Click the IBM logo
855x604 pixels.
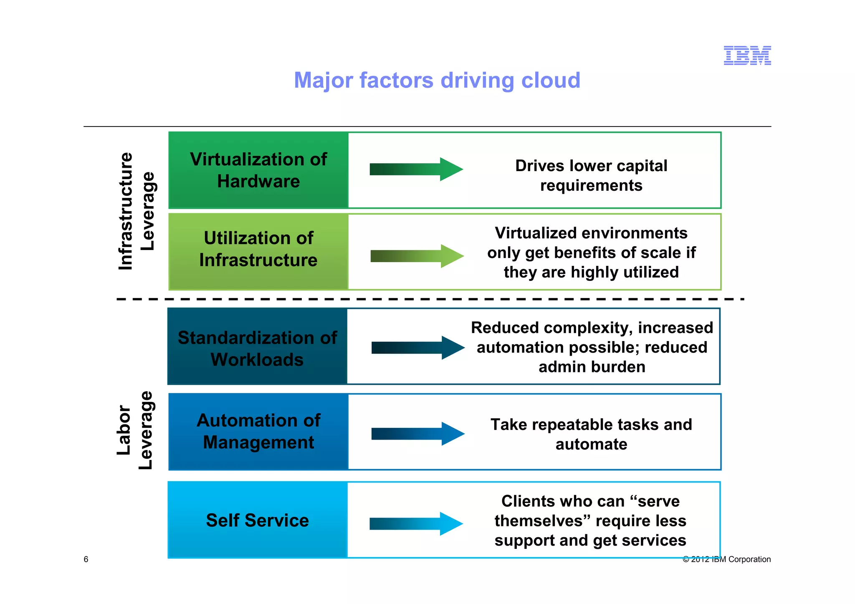pyautogui.click(x=747, y=56)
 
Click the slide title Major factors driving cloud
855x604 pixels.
pyautogui.click(x=437, y=80)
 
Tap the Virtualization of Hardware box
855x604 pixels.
pyautogui.click(x=258, y=170)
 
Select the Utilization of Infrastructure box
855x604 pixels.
pyautogui.click(x=258, y=252)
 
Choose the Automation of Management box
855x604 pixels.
pyautogui.click(x=258, y=432)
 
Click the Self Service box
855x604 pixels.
pyautogui.click(x=258, y=520)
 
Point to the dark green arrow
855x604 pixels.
pyautogui.click(x=416, y=169)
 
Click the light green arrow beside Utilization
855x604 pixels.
pyautogui.click(x=417, y=256)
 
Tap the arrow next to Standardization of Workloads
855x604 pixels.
pyautogui.click(x=417, y=348)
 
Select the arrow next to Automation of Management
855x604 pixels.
pyautogui.click(x=417, y=434)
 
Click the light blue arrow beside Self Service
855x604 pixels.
pyautogui.click(x=416, y=523)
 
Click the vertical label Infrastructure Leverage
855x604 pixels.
pyautogui.click(x=137, y=211)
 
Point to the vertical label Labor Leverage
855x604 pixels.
pyautogui.click(x=134, y=430)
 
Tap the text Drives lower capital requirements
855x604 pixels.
pyautogui.click(x=591, y=175)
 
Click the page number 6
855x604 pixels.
pyautogui.click(x=86, y=559)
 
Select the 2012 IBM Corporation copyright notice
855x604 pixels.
pyautogui.click(x=726, y=559)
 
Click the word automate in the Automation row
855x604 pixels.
pyautogui.click(x=591, y=444)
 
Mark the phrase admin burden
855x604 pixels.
pyautogui.click(x=592, y=367)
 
